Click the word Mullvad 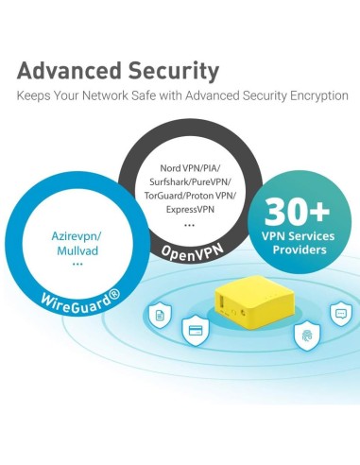(x=78, y=251)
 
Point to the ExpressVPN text (x=191, y=209)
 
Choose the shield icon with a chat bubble (x=338, y=314)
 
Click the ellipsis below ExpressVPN (x=191, y=224)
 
